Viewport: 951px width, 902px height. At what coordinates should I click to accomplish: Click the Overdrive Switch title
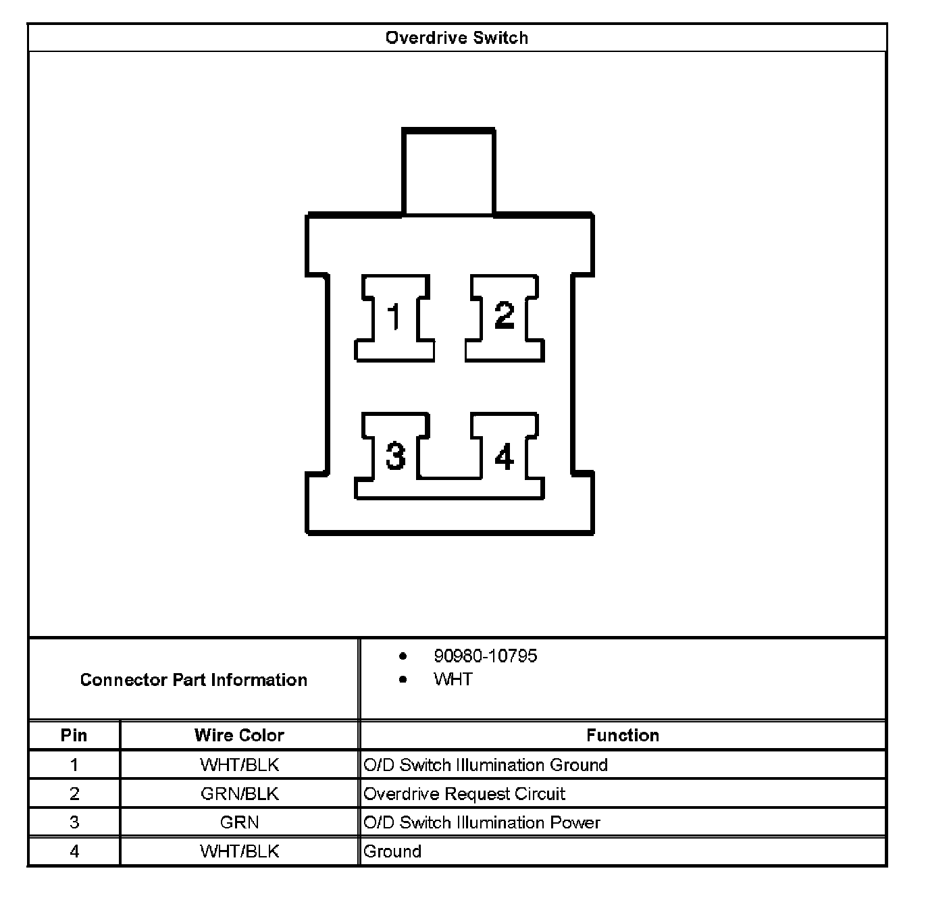pos(456,38)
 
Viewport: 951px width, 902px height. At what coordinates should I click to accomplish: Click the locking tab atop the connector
pos(448,171)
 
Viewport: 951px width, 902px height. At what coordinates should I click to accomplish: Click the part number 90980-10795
pos(485,656)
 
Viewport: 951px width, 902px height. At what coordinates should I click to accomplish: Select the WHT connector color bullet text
pos(453,679)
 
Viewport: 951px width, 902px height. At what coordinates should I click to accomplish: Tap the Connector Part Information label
pos(193,679)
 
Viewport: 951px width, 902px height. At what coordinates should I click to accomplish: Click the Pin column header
pos(74,735)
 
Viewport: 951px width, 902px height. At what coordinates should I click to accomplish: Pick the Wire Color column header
pos(239,735)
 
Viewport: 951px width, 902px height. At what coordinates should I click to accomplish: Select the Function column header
pos(623,735)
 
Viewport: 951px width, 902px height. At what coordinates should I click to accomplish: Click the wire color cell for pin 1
pos(240,765)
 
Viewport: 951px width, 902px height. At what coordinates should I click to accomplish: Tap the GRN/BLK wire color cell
pos(240,794)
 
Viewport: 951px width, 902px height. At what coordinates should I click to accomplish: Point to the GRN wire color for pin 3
pos(240,822)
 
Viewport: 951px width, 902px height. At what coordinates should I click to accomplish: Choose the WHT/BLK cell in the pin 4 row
pos(240,851)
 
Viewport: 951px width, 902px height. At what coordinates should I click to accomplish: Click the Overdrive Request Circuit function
pos(464,794)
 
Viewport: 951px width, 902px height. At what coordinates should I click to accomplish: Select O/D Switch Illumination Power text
pos(482,822)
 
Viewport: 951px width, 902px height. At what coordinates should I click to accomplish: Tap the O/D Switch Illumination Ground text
pos(485,765)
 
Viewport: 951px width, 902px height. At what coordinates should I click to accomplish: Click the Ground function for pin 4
pos(392,851)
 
